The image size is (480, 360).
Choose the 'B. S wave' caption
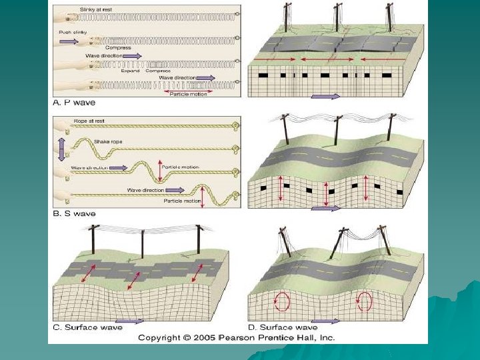pos(74,213)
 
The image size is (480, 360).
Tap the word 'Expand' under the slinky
pos(131,70)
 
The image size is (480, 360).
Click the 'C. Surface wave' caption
pos(86,327)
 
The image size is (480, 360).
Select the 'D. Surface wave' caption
pos(283,327)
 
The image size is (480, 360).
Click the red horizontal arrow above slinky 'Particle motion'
pos(180,87)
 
